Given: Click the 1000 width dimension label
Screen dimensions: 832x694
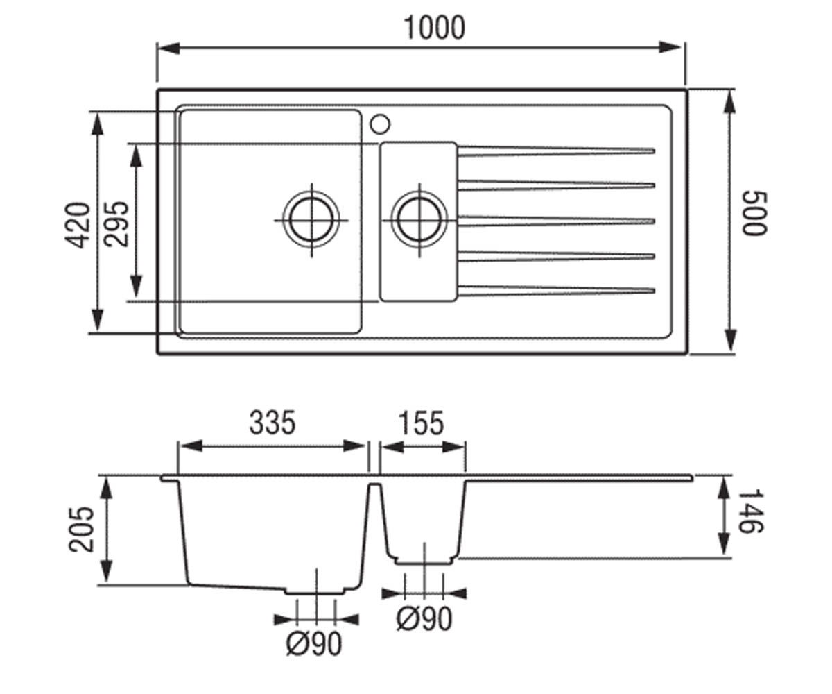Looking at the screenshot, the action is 434,28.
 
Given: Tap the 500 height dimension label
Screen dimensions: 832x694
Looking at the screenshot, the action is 754,214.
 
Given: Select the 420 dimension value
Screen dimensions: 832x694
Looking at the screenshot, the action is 78,226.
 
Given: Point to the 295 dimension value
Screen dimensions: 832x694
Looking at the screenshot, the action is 116,224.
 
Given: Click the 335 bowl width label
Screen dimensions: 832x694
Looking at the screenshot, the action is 272,423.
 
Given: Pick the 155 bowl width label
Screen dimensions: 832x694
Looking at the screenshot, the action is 421,423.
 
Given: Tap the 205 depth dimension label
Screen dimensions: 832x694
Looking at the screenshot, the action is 81,530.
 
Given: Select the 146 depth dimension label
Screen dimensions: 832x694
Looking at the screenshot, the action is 751,511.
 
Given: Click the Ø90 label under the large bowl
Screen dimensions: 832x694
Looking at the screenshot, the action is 314,643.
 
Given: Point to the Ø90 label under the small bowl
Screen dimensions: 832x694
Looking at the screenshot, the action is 424,618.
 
